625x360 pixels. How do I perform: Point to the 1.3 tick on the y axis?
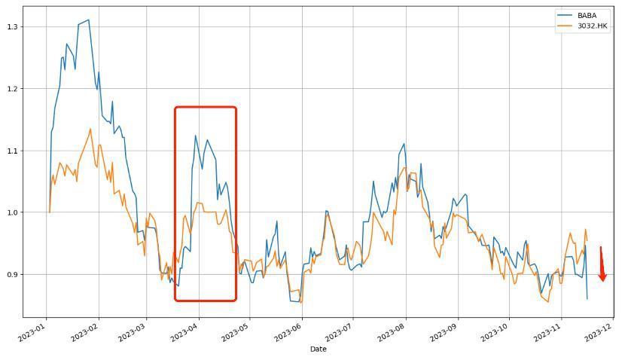tap(12, 27)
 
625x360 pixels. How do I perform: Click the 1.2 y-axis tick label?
tap(12, 89)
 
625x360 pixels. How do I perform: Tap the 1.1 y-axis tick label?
tap(12, 151)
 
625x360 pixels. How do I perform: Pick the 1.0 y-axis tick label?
tap(12, 212)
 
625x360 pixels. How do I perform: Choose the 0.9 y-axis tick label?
tap(12, 274)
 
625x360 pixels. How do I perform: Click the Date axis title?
tap(318, 349)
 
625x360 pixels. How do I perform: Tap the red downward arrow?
tap(602, 267)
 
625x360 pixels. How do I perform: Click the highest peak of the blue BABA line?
tap(89, 20)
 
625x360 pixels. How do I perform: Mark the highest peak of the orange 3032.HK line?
tap(90, 129)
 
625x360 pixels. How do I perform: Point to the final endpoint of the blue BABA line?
tap(587, 299)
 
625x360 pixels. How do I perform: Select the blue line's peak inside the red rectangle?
tap(195, 136)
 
